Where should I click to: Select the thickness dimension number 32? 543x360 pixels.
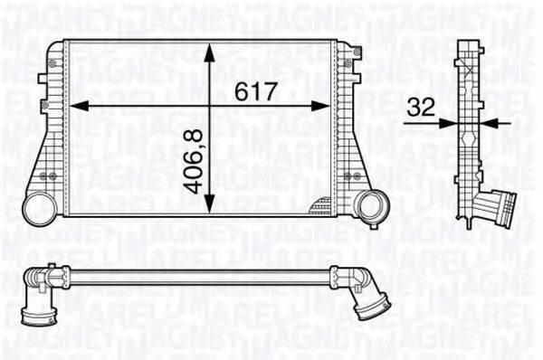[x=421, y=106]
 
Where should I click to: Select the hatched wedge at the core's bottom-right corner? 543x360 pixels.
[x=320, y=207]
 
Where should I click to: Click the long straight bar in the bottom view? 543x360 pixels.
[x=199, y=276]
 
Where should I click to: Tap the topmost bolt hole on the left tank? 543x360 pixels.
[x=52, y=62]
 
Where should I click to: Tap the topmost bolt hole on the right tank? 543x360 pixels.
[x=350, y=62]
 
